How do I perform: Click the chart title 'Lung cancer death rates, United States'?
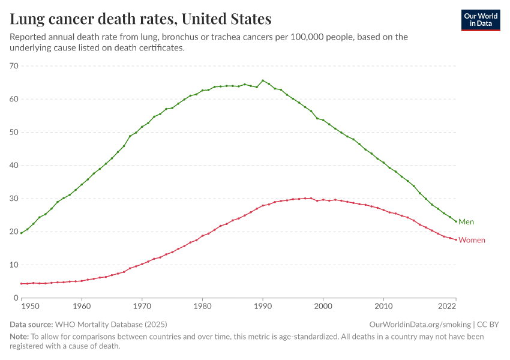tap(140, 19)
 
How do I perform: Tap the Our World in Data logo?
tap(480, 20)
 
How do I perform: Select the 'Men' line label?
tap(466, 222)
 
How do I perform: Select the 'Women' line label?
tap(472, 240)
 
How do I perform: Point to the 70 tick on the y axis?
tap(14, 66)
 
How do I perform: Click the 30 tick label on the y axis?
tap(14, 199)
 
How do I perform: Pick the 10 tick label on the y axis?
tap(14, 265)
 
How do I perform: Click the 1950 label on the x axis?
tap(28, 306)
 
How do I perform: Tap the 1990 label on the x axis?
tap(263, 306)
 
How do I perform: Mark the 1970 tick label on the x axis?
tap(142, 306)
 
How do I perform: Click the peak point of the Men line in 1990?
tap(263, 80)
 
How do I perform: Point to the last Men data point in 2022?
tap(456, 221)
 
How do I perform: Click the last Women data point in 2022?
tap(456, 239)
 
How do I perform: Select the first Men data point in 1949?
tap(22, 233)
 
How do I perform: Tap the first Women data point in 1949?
tap(22, 283)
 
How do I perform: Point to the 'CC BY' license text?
tap(488, 325)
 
